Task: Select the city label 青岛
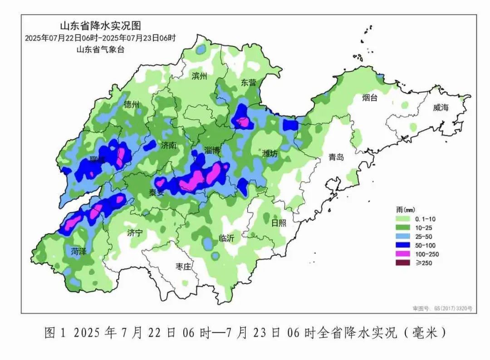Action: tap(336, 157)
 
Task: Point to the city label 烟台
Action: tap(370, 97)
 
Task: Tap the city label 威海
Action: tap(440, 107)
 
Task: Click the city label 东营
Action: tap(249, 83)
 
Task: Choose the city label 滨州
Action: tap(199, 76)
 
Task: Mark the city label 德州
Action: tap(132, 105)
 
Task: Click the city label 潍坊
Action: tap(270, 154)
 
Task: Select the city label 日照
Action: tap(279, 223)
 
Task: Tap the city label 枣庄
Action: tap(184, 266)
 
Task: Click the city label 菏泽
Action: tap(79, 251)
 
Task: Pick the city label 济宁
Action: tap(135, 234)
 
